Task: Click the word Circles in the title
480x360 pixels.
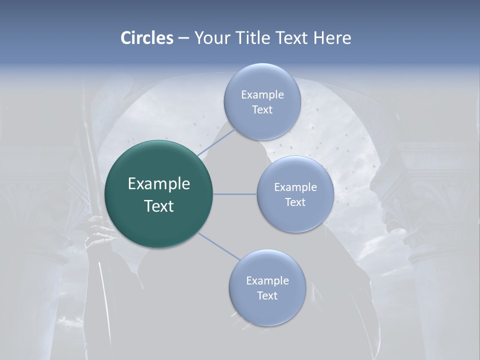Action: coord(146,38)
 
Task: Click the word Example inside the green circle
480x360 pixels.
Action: coord(159,184)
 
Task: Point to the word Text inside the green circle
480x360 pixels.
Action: coord(159,206)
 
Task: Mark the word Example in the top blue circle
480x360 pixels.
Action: coord(262,94)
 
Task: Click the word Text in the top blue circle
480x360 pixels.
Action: coord(262,110)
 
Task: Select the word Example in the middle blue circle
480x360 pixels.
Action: coord(295,187)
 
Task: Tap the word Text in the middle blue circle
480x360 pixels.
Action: coord(295,202)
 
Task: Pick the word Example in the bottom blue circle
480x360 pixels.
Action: coord(267,280)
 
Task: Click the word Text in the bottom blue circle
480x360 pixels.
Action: coord(267,296)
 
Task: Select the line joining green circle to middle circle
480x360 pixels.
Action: coord(235,194)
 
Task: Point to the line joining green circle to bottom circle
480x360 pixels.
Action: coord(219,245)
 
